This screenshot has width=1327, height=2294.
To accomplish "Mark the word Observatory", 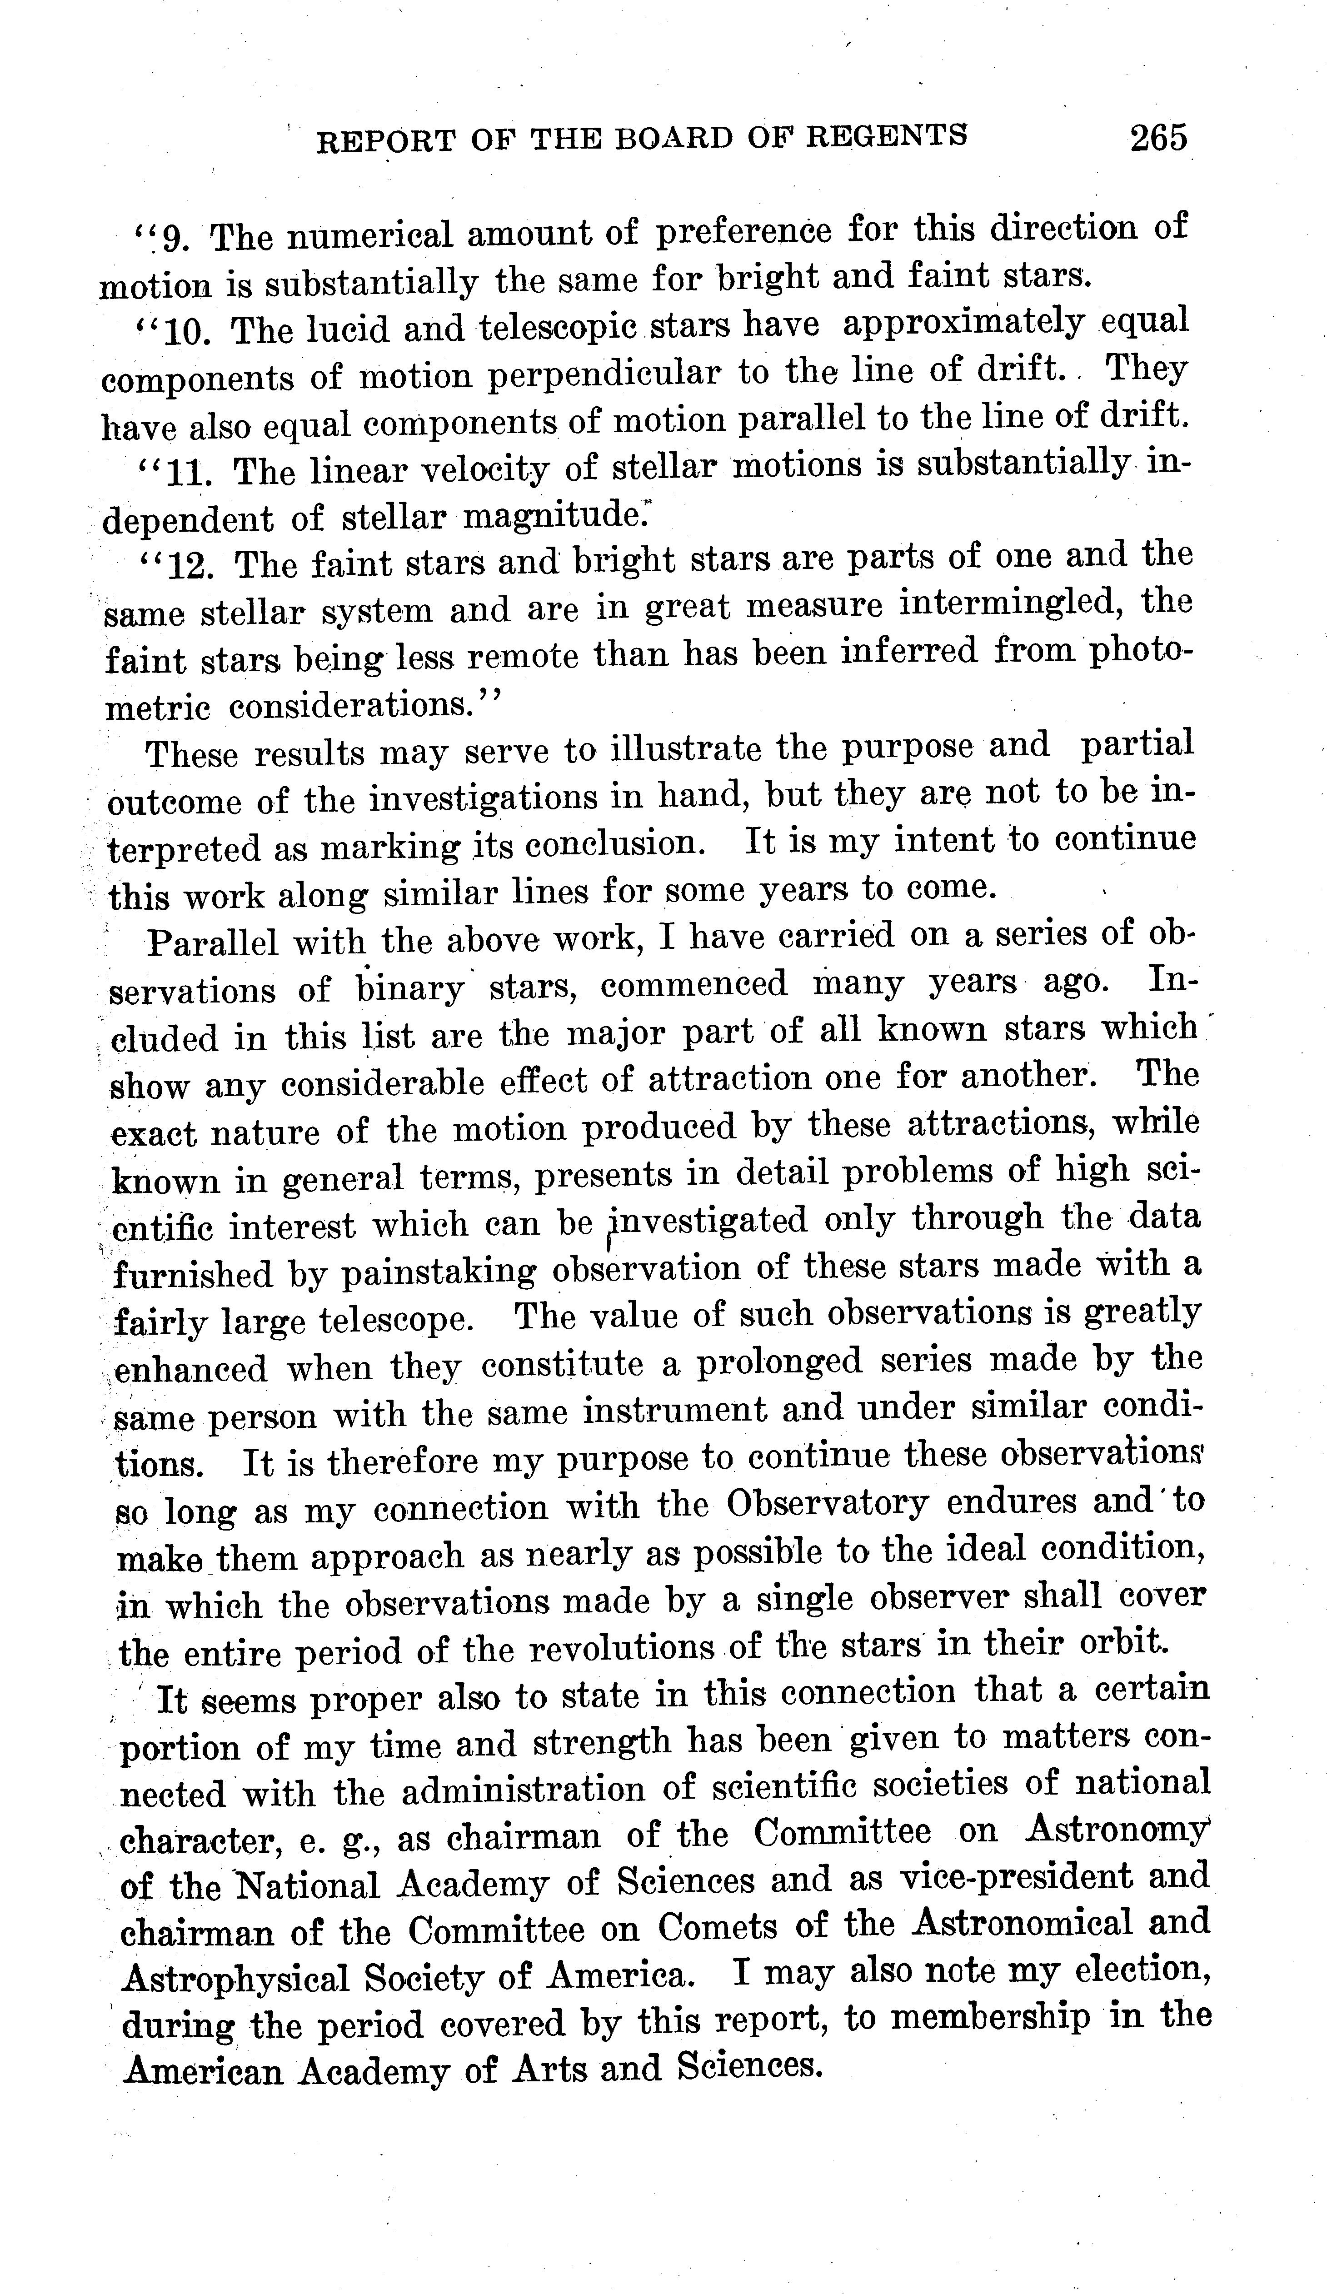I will click(827, 1503).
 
